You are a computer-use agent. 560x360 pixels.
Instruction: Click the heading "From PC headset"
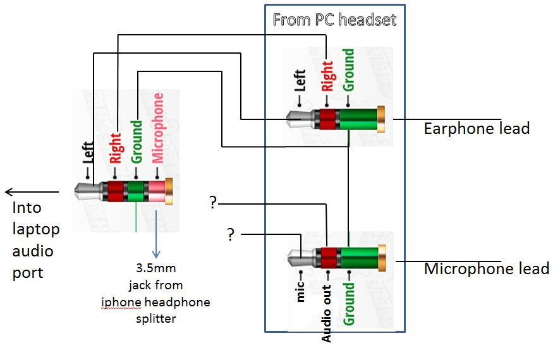coord(334,20)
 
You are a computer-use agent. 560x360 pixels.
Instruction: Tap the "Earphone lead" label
coord(476,129)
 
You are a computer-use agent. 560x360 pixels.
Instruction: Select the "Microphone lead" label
coord(486,268)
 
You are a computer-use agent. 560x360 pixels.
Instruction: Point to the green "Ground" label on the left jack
coord(137,140)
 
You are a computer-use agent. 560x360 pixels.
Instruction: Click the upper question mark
coord(213,203)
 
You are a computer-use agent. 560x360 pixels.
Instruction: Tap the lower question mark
coord(231,235)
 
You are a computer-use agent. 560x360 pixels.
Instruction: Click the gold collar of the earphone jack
coord(381,119)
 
